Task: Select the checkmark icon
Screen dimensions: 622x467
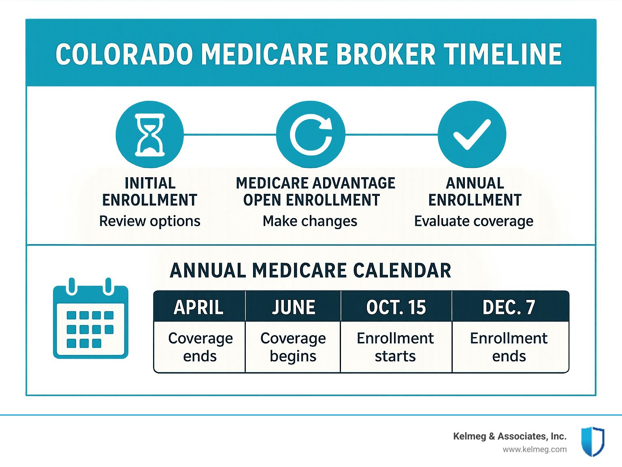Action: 472,134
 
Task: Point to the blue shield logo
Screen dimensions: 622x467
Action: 593,441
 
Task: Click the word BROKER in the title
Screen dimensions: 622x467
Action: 386,54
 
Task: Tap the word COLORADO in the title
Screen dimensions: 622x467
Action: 124,54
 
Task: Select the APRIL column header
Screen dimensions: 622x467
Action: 199,307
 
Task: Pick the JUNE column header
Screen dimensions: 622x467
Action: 293,307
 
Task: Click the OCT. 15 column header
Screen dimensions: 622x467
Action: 396,307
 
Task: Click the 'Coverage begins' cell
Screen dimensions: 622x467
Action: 293,347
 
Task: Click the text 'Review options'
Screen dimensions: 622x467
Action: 149,221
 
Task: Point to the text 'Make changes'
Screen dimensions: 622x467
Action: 310,221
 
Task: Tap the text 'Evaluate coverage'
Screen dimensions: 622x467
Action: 474,221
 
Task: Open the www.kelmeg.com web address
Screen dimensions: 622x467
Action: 535,450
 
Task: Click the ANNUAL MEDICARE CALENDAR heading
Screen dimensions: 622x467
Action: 310,270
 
